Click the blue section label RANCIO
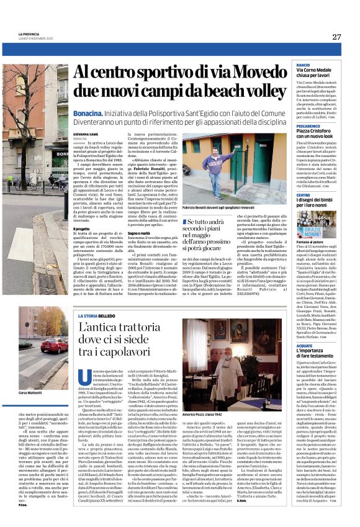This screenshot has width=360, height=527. (303, 65)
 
